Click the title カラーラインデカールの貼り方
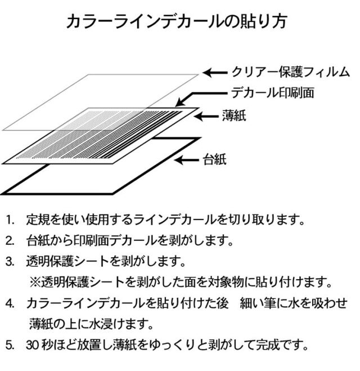click(177, 21)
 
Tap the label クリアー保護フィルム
click(290, 72)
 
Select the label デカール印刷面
click(273, 92)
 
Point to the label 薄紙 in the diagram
click(234, 116)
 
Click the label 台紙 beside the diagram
click(215, 159)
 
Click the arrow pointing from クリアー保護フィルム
click(215, 73)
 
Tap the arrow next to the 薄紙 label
click(206, 116)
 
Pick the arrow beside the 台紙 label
click(186, 160)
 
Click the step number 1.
click(10, 220)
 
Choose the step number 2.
click(10, 241)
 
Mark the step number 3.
click(10, 262)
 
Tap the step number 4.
click(10, 303)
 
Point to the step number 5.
click(10, 345)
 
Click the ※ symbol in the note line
click(35, 282)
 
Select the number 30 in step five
click(33, 345)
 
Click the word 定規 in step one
click(38, 220)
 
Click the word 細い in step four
click(252, 303)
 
